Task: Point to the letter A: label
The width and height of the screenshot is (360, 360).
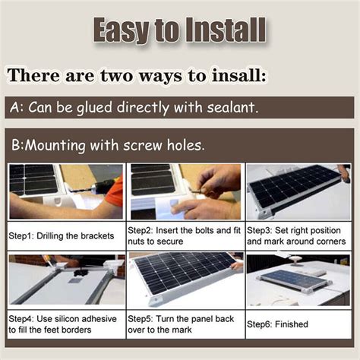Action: pyautogui.click(x=18, y=107)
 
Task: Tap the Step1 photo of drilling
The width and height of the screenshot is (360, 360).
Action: pyautogui.click(x=65, y=191)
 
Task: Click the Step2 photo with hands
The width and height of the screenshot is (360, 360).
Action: pyautogui.click(x=185, y=191)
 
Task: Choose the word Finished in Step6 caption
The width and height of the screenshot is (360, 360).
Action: pyautogui.click(x=293, y=324)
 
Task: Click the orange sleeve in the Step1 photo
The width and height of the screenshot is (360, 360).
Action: pyautogui.click(x=115, y=191)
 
